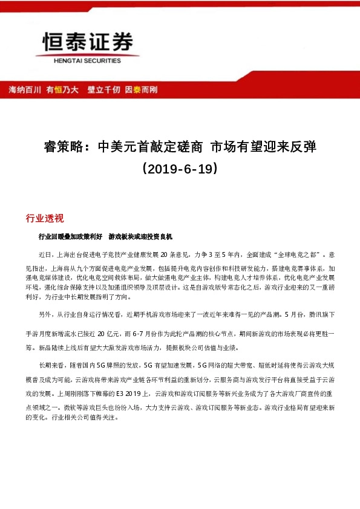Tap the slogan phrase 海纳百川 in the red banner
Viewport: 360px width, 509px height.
[25, 89]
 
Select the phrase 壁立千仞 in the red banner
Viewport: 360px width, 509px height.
[102, 89]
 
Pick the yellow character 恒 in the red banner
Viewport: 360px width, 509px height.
[59, 89]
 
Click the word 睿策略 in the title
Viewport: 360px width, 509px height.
[62, 147]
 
